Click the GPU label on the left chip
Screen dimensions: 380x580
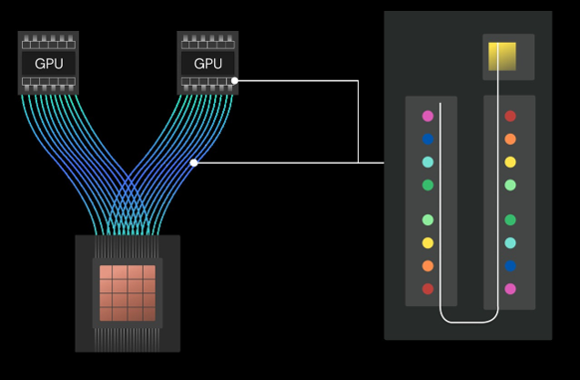[x=48, y=63]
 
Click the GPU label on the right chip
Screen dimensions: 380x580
[x=207, y=63]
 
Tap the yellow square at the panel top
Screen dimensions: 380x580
[x=501, y=57]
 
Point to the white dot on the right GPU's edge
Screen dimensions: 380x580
[x=234, y=81]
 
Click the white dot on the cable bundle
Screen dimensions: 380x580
[x=193, y=163]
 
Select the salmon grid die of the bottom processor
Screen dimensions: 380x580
[x=127, y=292]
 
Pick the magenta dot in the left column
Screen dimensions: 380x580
[x=428, y=117]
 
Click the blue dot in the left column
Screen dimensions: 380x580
[x=428, y=140]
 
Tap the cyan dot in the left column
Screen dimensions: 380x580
[x=428, y=163]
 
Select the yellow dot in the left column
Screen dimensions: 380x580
[x=428, y=243]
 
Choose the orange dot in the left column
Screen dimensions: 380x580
[x=428, y=266]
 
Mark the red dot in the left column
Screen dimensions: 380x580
[x=428, y=289]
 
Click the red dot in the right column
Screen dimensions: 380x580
[x=510, y=117]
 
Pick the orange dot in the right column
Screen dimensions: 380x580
[x=510, y=140]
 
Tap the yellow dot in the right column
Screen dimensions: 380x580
[x=510, y=163]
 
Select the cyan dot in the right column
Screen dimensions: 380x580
[x=510, y=243]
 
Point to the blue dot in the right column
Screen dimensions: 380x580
[x=510, y=266]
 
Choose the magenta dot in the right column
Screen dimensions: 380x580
[x=510, y=289]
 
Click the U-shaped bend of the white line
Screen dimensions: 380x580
[x=468, y=322]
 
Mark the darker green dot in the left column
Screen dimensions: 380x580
[x=428, y=186]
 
